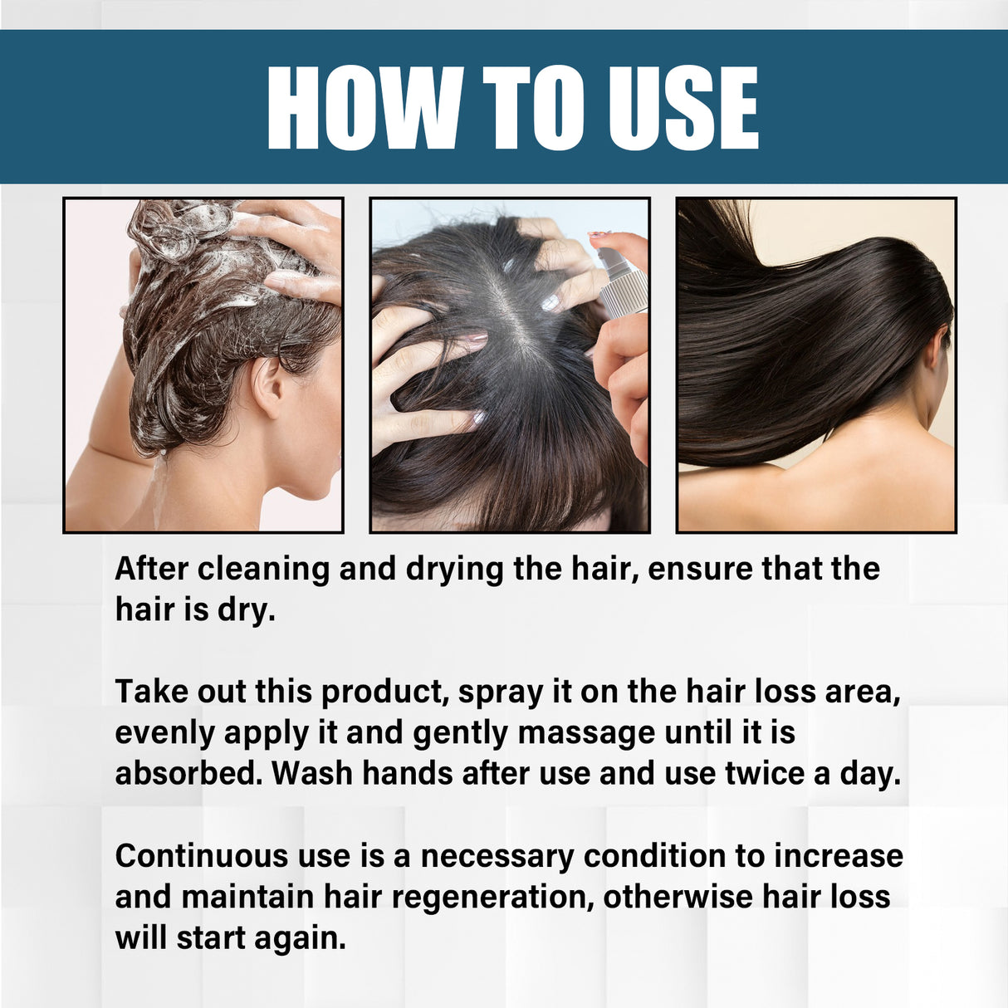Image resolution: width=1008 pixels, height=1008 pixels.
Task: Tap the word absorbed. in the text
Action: click(188, 774)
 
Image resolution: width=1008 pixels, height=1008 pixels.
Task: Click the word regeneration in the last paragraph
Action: click(492, 898)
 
